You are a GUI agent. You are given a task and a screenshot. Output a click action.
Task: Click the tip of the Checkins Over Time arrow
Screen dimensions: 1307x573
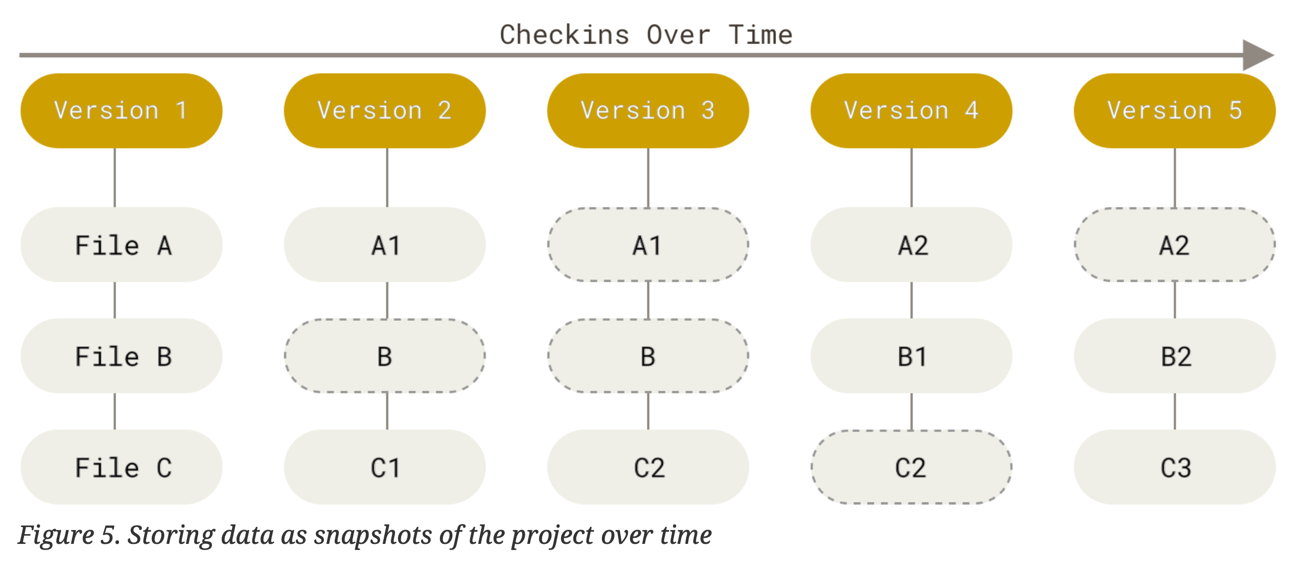click(1274, 55)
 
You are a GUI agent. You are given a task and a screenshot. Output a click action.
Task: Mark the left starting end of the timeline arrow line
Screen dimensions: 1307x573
click(19, 55)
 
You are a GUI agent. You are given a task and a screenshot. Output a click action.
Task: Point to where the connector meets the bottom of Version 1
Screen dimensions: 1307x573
click(114, 148)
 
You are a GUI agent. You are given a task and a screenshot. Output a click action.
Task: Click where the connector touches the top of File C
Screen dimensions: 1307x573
click(114, 429)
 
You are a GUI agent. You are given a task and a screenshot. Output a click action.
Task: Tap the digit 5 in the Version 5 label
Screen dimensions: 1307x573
click(1235, 110)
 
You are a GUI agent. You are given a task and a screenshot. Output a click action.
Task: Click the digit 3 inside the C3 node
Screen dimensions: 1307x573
click(1184, 468)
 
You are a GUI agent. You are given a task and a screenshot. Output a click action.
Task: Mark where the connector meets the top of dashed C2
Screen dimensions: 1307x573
click(912, 431)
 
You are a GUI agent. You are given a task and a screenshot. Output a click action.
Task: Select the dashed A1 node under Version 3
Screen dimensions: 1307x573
click(648, 245)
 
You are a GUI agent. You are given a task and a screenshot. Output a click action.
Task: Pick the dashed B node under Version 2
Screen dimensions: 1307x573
click(385, 356)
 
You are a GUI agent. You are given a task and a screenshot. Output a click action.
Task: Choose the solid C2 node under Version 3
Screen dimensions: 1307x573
click(648, 467)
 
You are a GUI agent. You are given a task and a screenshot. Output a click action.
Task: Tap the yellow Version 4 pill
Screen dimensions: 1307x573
click(911, 111)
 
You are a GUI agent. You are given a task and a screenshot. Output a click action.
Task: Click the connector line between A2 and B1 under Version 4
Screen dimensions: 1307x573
click(912, 300)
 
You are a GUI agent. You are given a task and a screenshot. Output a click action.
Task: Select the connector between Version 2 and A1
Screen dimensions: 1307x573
click(387, 178)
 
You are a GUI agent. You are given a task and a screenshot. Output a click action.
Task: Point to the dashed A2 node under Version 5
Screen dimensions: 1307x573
click(1175, 245)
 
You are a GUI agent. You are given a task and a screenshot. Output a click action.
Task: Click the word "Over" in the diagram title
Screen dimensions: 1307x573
click(678, 35)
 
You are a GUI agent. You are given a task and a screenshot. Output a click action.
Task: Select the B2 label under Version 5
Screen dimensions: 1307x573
click(1176, 356)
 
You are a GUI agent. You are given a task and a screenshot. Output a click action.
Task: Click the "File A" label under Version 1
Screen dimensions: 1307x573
click(123, 245)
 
